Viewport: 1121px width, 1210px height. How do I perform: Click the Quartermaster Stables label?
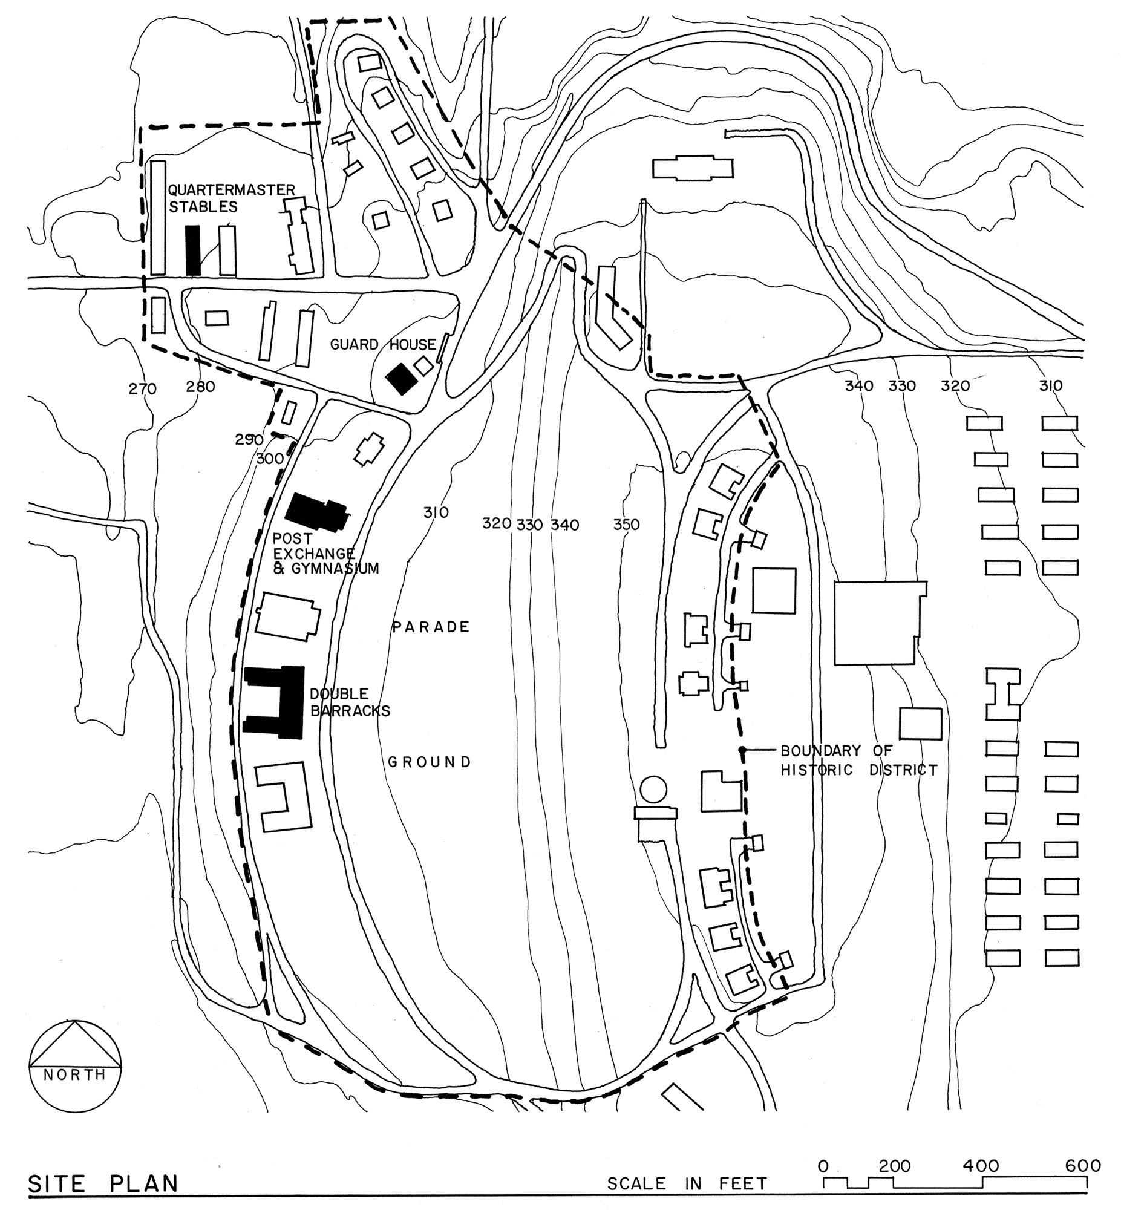point(230,198)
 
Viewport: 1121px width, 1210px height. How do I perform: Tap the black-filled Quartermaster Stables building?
point(193,250)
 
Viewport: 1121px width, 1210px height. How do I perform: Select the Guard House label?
point(383,345)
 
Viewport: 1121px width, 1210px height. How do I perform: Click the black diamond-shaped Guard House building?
point(402,379)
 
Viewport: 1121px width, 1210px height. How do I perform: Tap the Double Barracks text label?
point(349,702)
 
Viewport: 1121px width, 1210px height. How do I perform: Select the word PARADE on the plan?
point(431,627)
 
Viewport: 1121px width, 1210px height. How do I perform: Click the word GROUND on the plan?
point(430,762)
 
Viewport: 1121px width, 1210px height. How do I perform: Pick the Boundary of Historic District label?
point(858,760)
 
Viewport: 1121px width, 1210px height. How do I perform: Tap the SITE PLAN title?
point(103,1183)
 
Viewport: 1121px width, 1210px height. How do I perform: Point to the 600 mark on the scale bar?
point(1083,1166)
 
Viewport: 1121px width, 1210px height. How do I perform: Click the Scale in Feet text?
point(687,1183)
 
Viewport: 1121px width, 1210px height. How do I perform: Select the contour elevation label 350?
point(626,525)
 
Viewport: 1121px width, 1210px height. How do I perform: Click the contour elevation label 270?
point(143,389)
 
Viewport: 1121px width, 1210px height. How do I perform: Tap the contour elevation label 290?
point(249,440)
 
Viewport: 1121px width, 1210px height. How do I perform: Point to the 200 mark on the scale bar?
point(894,1166)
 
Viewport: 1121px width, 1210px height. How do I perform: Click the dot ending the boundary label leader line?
point(742,750)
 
